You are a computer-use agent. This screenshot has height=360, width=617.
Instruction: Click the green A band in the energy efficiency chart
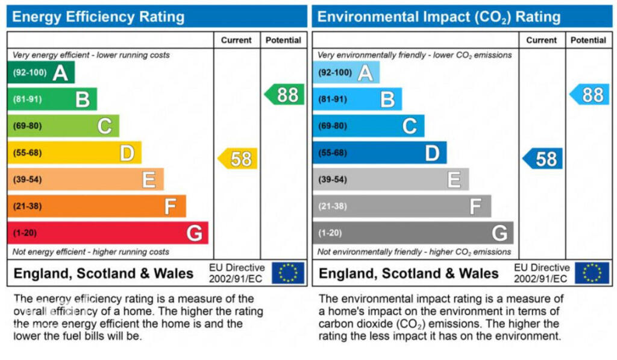pyautogui.click(x=41, y=73)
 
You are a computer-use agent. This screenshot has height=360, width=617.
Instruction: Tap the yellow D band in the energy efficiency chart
pyautogui.click(x=74, y=153)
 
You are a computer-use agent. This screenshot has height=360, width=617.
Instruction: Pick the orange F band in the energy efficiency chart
pyautogui.click(x=96, y=206)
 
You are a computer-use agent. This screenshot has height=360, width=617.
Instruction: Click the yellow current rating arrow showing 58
pyautogui.click(x=238, y=159)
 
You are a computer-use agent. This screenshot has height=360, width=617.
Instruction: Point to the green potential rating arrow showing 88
pyautogui.click(x=284, y=95)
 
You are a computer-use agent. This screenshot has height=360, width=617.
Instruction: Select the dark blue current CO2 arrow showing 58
pyautogui.click(x=543, y=159)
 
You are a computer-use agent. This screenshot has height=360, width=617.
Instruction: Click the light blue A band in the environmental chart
pyautogui.click(x=346, y=73)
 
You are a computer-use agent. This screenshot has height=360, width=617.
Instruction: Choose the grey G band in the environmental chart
pyautogui.click(x=413, y=233)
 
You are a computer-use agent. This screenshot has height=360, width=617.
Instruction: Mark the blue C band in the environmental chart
pyautogui.click(x=368, y=126)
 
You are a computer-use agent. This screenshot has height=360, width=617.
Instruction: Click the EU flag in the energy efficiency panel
pyautogui.click(x=288, y=273)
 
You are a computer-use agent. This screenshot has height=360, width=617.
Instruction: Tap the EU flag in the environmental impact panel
pyautogui.click(x=592, y=273)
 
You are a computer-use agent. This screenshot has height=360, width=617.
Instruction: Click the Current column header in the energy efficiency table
pyautogui.click(x=236, y=40)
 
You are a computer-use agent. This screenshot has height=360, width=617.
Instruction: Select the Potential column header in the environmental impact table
pyautogui.click(x=588, y=40)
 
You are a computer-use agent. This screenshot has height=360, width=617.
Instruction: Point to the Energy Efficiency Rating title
pyautogui.click(x=98, y=16)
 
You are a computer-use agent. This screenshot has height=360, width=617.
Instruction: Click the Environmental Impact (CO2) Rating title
pyautogui.click(x=439, y=16)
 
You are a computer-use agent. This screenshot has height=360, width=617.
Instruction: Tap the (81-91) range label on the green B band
pyautogui.click(x=28, y=99)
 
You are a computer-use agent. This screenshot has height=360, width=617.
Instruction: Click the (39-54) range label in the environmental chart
pyautogui.click(x=333, y=180)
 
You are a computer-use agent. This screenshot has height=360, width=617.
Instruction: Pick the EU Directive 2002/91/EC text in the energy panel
pyautogui.click(x=236, y=273)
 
